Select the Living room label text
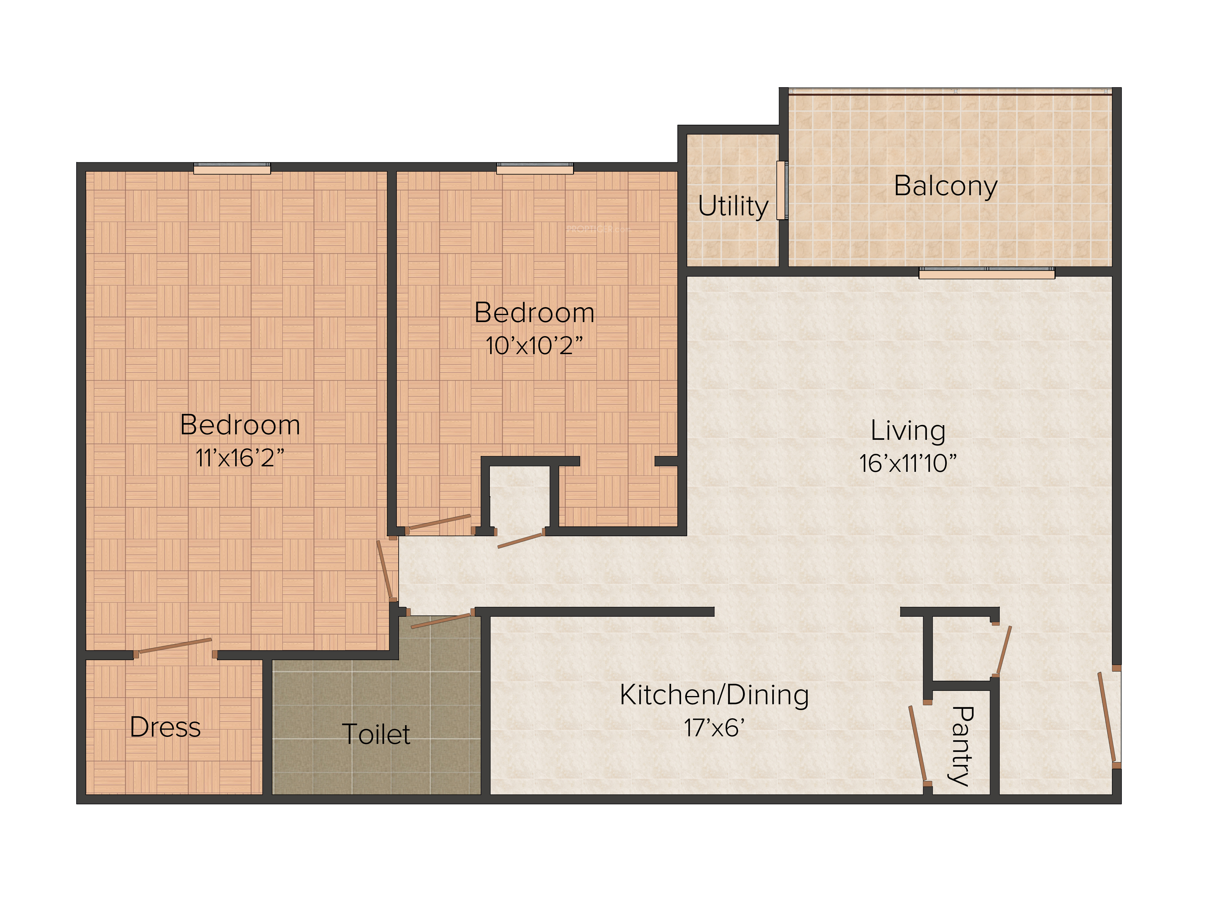coord(908,431)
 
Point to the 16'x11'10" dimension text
coord(908,463)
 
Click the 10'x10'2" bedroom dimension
coord(534,346)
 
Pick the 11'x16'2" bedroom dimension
coord(240,458)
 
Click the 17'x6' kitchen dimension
coord(714,728)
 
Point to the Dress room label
coord(165,727)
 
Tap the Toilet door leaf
coord(441,620)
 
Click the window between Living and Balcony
coord(987,272)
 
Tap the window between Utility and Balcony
coord(782,190)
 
